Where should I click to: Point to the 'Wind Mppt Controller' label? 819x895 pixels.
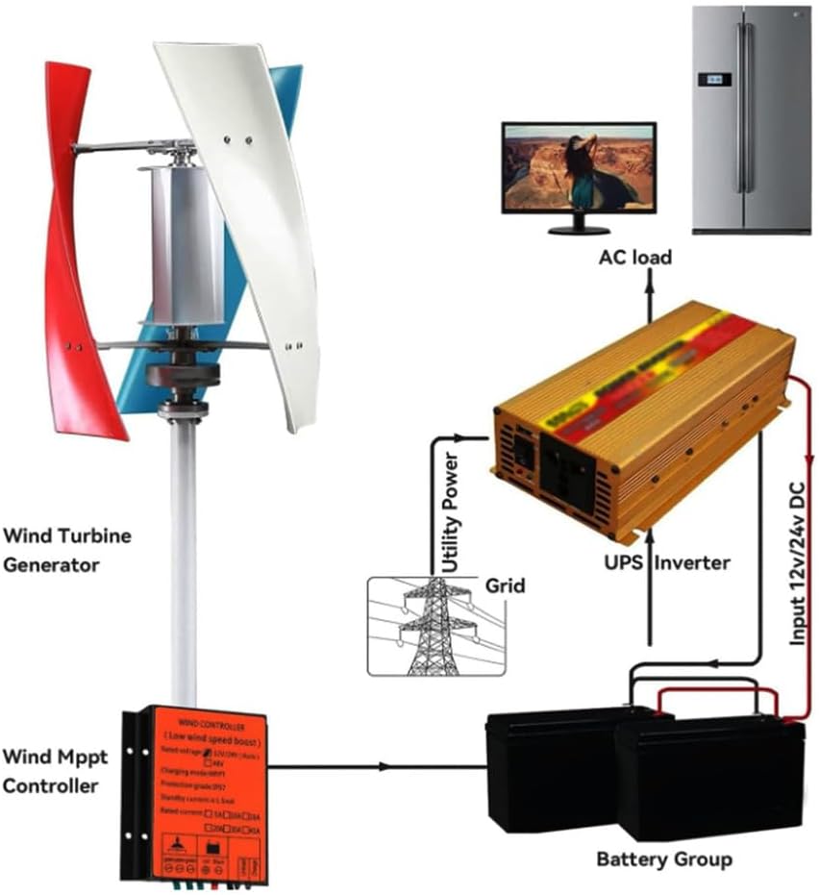[54, 771]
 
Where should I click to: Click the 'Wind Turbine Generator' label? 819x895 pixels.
[66, 550]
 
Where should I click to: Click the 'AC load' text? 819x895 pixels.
[635, 258]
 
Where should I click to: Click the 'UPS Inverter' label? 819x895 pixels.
[667, 562]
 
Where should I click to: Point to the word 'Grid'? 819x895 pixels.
[505, 584]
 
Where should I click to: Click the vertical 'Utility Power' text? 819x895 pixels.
[450, 514]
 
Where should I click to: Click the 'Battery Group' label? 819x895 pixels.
[664, 858]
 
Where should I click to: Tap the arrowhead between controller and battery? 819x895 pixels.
[385, 766]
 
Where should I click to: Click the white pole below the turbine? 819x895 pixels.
[183, 558]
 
